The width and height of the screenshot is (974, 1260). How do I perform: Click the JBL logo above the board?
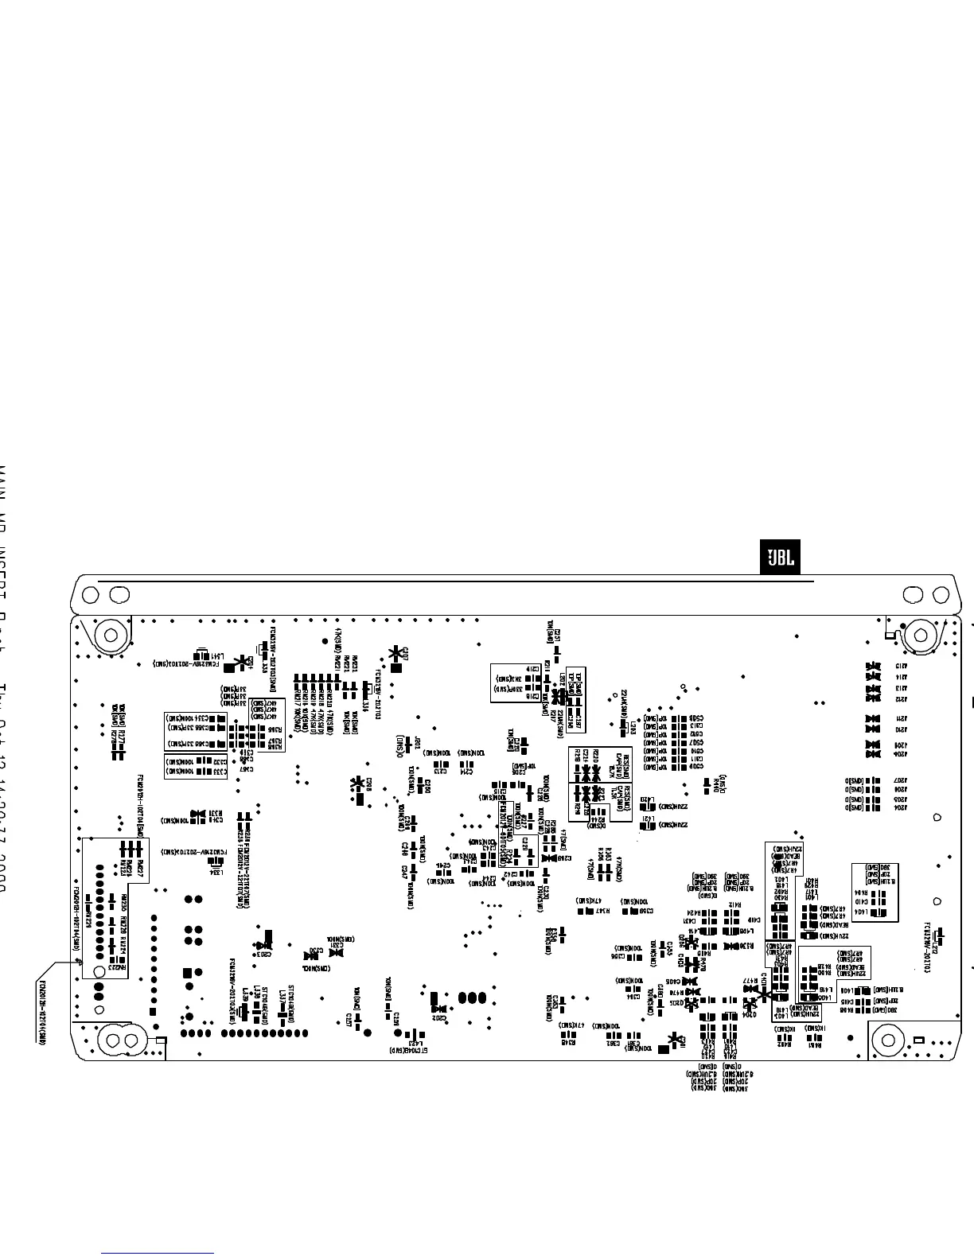[x=779, y=559]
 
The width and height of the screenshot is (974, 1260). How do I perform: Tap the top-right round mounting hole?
[x=921, y=635]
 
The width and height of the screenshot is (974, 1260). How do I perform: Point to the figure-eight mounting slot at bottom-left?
[x=120, y=1040]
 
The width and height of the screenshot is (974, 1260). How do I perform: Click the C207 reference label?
[x=405, y=654]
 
